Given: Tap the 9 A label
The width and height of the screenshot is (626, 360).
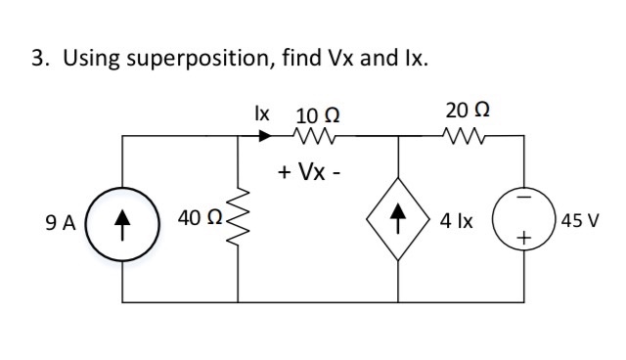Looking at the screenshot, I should pos(61,223).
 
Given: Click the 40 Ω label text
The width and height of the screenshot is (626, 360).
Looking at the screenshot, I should pos(199,222).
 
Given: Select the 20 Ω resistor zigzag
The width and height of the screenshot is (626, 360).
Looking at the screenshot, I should pos(459,138).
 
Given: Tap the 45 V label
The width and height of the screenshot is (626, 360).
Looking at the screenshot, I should pos(580,222).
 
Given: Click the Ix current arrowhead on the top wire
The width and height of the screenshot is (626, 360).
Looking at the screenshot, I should pos(265,138).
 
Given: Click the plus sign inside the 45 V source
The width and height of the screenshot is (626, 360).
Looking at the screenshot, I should pos(524,240).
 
